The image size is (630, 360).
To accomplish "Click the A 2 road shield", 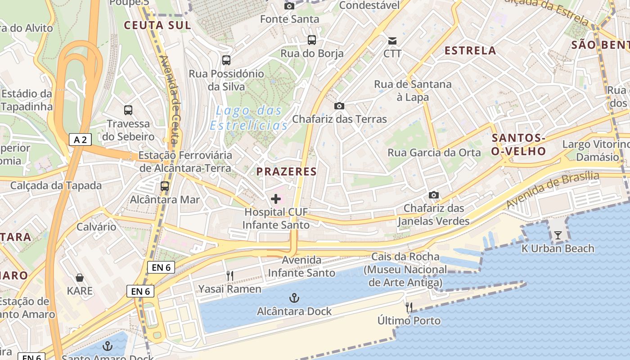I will [80, 139].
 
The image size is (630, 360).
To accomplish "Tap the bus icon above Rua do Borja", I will [312, 40].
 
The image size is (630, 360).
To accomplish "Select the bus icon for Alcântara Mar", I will [165, 186].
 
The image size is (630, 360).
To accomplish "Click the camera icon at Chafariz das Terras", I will [339, 106].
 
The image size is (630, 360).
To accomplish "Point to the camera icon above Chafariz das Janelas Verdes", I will [433, 195].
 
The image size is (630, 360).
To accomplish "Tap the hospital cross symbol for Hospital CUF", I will [276, 198].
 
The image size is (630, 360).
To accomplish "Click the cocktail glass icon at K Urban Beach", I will [558, 235].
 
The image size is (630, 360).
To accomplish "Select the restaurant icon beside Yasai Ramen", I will [230, 275].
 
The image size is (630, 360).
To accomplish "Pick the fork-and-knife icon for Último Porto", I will [409, 307].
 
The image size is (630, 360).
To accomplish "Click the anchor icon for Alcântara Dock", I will [294, 297].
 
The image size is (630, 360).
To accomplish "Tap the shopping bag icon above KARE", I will [80, 278].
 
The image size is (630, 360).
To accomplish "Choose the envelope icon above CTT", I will [392, 41].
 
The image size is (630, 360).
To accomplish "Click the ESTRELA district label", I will [470, 51].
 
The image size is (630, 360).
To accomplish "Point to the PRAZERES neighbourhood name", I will [287, 171].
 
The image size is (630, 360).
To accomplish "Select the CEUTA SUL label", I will [157, 25].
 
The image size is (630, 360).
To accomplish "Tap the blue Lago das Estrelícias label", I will [249, 117].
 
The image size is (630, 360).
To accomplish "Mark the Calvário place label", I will [96, 226].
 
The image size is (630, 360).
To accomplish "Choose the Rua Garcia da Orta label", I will [434, 153].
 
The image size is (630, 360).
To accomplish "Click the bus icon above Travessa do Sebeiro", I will [128, 110].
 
